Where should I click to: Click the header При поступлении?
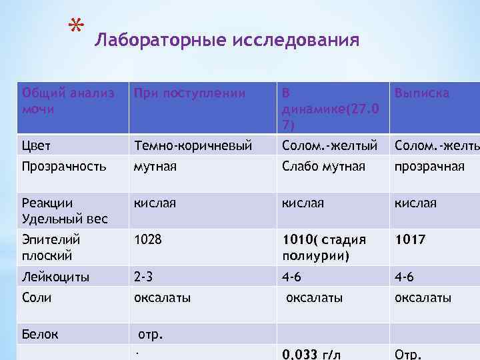[189, 93]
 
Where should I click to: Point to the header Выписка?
[422, 93]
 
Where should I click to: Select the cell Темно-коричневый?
[193, 145]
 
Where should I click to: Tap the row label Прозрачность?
[63, 167]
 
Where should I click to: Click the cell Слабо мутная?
[323, 167]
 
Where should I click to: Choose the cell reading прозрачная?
[429, 167]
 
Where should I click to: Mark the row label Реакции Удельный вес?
[64, 210]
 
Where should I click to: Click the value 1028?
[148, 239]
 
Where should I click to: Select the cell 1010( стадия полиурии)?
[324, 247]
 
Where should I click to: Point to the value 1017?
[410, 239]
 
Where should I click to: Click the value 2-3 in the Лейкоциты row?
[146, 276]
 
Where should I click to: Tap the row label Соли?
[36, 298]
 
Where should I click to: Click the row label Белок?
[39, 334]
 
